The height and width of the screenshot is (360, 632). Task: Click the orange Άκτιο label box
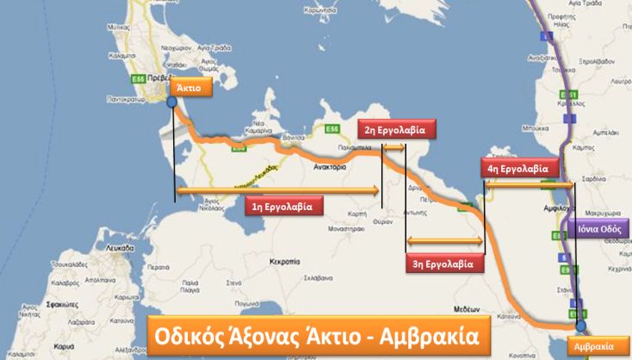[x=189, y=88]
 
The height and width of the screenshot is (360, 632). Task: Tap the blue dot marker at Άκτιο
[x=172, y=102]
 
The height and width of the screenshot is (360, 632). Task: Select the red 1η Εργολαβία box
[x=283, y=206]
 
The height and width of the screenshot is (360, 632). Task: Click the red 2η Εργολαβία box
[x=397, y=130]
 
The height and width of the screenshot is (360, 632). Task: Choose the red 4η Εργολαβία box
[x=520, y=169]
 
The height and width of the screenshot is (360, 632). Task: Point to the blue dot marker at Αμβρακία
[x=580, y=326]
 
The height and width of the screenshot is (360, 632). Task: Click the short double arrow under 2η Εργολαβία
[x=393, y=148]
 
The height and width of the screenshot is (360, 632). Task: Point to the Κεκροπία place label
[x=284, y=259]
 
